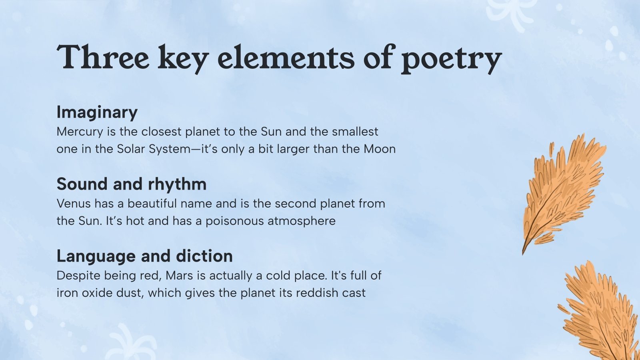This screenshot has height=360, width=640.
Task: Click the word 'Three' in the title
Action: [x=103, y=58]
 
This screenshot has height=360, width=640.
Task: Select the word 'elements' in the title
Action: [x=286, y=58]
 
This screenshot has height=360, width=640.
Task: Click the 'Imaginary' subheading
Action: [x=97, y=112]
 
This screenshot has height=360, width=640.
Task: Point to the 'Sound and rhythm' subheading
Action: [x=132, y=184]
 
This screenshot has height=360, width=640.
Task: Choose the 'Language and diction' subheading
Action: [x=144, y=256]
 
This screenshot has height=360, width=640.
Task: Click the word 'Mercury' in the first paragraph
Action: [x=80, y=132]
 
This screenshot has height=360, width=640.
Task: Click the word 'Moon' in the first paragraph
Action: [x=379, y=149]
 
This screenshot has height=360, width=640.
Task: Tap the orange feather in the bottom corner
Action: [x=600, y=312]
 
